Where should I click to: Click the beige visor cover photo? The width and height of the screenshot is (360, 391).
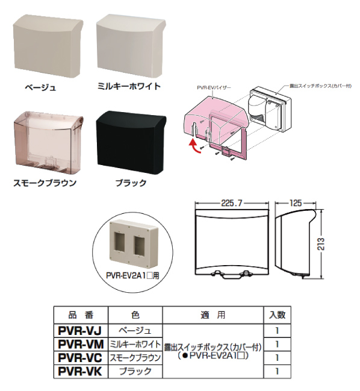tap(48, 46)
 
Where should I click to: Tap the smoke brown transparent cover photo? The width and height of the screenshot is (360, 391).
tap(48, 143)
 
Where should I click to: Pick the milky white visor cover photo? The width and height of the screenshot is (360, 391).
tap(131, 46)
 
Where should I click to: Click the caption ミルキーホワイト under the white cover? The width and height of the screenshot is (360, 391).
tap(129, 87)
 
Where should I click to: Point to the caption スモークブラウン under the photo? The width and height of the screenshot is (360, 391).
tap(45, 183)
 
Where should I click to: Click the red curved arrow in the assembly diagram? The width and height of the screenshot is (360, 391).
tap(195, 147)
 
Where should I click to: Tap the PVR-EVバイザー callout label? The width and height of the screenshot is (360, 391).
tap(214, 88)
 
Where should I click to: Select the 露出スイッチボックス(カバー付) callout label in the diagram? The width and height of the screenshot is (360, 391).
tap(320, 86)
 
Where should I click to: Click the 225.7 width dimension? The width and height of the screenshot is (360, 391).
tap(232, 204)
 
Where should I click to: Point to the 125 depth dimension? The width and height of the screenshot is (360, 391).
tap(296, 203)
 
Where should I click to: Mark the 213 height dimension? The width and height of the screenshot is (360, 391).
tap(322, 244)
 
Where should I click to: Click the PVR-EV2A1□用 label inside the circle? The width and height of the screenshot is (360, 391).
tap(132, 276)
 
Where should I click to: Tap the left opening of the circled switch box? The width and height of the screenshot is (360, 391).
tap(120, 241)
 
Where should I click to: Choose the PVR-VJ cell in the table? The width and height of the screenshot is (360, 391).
tap(81, 331)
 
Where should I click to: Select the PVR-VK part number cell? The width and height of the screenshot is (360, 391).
tap(81, 371)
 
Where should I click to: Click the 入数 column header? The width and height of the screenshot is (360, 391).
tap(277, 315)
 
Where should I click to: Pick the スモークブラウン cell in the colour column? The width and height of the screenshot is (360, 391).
tap(135, 358)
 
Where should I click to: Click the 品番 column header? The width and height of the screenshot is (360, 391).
tap(81, 315)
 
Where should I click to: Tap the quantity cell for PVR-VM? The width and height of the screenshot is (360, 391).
tap(277, 345)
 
